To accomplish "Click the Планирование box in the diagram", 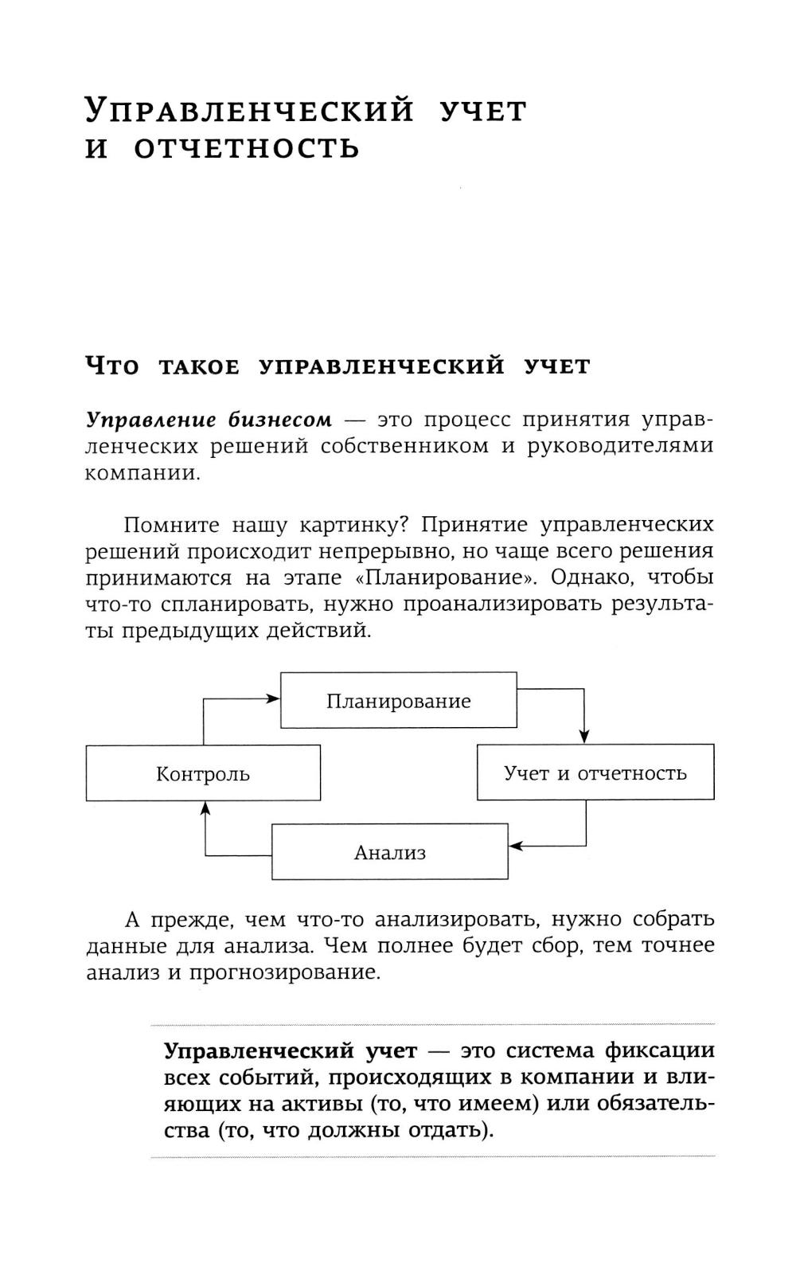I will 398,701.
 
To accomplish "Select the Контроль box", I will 203,773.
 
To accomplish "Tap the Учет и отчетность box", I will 595,773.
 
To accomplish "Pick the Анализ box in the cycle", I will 390,852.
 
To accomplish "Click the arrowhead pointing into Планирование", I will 273,698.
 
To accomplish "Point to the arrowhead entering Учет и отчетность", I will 584,736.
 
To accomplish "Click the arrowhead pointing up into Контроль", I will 205,808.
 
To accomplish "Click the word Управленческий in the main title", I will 250,111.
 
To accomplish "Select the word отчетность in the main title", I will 247,149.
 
